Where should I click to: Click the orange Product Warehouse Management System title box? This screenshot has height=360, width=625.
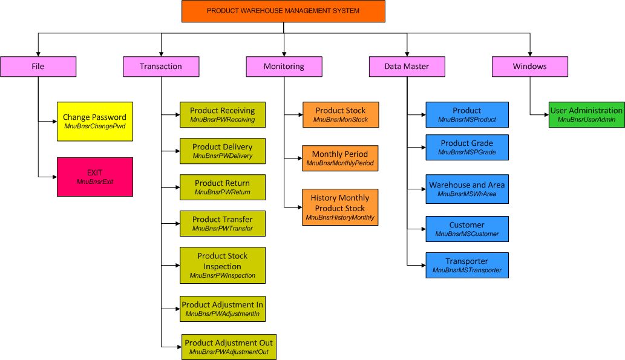point(283,11)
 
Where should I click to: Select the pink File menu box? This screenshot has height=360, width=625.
point(38,67)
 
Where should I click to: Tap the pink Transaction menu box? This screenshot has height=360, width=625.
point(161,67)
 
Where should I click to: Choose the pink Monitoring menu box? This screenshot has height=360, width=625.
point(284,67)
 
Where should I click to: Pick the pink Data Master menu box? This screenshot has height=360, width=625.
point(407,67)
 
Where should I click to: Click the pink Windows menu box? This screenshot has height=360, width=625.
point(529,67)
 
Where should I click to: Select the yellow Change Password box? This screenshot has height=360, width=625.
point(95,122)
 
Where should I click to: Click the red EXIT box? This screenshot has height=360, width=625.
point(95,177)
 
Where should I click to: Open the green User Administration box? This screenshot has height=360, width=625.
point(586,114)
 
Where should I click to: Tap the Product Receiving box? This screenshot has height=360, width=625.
point(223,115)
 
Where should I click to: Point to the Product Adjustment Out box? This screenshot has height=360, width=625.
point(229,347)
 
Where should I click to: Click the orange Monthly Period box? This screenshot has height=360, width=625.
point(340,158)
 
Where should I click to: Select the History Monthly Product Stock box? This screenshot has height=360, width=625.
point(340,207)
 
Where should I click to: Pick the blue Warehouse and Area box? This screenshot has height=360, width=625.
point(466,189)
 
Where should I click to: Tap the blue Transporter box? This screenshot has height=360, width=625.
point(466,265)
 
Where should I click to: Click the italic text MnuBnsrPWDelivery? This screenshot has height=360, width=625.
point(223,156)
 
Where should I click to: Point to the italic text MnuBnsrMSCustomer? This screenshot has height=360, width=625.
point(466,234)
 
